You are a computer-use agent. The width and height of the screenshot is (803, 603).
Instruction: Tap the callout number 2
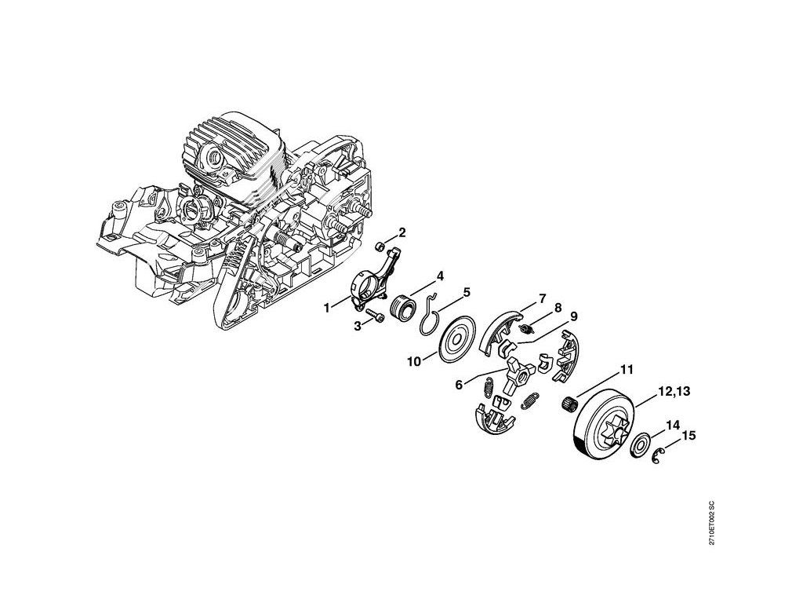tap(402, 232)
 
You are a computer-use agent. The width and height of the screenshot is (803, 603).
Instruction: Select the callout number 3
tap(357, 327)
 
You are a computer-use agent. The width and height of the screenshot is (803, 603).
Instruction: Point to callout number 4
tap(441, 276)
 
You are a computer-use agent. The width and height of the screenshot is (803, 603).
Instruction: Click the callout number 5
tap(466, 293)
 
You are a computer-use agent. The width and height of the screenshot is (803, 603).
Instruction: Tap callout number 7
tap(541, 299)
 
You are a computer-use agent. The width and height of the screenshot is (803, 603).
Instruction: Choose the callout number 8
tap(559, 307)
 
